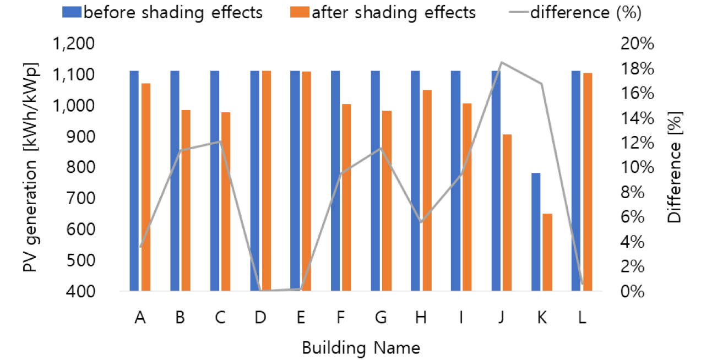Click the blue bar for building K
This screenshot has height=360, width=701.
point(536,232)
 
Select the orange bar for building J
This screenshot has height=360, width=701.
point(507,212)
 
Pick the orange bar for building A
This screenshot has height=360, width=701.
point(146,187)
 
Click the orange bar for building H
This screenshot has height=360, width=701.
point(427,190)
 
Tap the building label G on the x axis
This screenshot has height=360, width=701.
point(381,319)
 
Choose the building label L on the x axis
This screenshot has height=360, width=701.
point(582,319)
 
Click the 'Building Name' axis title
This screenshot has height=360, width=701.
point(361,348)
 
